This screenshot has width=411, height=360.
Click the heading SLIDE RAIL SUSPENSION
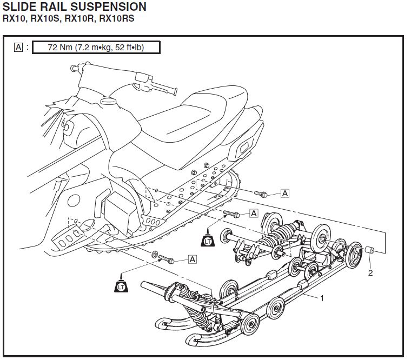pyautogui.click(x=74, y=7)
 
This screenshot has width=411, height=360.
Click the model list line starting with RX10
pyautogui.click(x=68, y=18)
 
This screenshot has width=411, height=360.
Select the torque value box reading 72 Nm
pyautogui.click(x=96, y=47)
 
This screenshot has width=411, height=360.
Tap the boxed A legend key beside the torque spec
pyautogui.click(x=18, y=47)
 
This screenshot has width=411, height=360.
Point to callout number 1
pyautogui.click(x=322, y=298)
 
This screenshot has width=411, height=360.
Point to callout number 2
pyautogui.click(x=370, y=272)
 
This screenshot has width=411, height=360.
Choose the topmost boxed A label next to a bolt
pyautogui.click(x=284, y=193)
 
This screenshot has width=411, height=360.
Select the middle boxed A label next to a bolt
pyautogui.click(x=254, y=214)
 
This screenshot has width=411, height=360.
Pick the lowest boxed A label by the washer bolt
pyautogui.click(x=192, y=259)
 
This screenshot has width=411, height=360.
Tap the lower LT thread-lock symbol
pyautogui.click(x=121, y=286)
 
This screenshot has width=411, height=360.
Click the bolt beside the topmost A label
pyautogui.click(x=262, y=193)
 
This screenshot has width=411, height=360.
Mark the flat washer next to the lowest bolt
pyautogui.click(x=156, y=254)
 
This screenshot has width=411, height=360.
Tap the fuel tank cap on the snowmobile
pyautogui.click(x=110, y=101)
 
